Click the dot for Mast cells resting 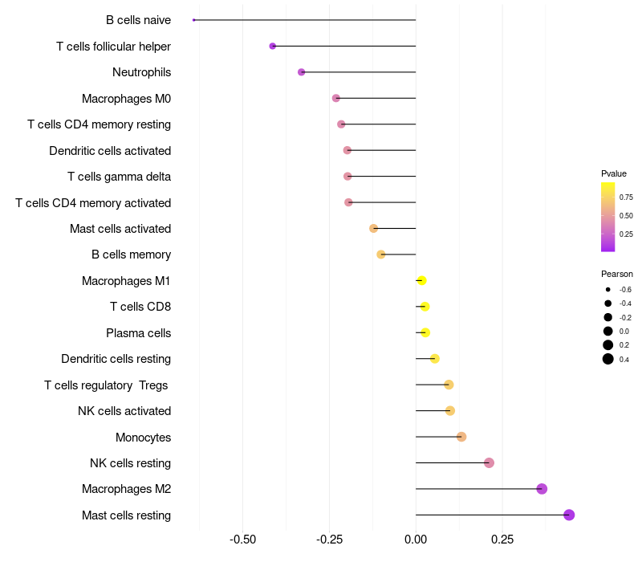coord(569,515)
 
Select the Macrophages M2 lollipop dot coord(542,489)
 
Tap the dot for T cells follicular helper coord(273,46)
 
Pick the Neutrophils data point coord(302,72)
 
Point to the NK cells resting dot coord(489,462)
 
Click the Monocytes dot coord(461,437)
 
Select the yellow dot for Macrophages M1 coord(421,280)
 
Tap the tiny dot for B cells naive coord(194,20)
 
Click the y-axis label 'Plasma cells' coord(138,332)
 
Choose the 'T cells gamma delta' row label coord(119,177)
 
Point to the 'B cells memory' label coord(131,255)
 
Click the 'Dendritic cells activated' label coord(110,150)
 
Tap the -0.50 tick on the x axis coord(243,540)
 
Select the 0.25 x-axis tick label coord(502,540)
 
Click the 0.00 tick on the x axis coord(416,540)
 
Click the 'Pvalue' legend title coord(614,173)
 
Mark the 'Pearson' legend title coord(617,274)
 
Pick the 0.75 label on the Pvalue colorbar coord(626,197)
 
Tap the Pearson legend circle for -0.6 coord(608,289)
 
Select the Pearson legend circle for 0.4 coord(608,359)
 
